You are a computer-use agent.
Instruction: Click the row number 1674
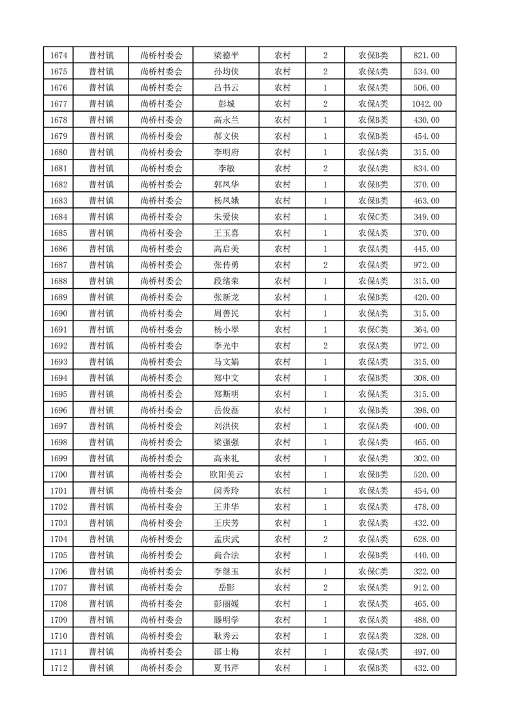pyautogui.click(x=58, y=56)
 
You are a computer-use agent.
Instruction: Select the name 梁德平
pyautogui.click(x=226, y=56)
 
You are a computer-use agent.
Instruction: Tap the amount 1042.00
pyautogui.click(x=426, y=104)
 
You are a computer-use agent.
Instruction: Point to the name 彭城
pyautogui.click(x=226, y=104)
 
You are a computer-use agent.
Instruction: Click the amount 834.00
pyautogui.click(x=426, y=169)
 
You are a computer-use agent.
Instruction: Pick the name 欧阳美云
pyautogui.click(x=226, y=475)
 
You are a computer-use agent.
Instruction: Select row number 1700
pyautogui.click(x=58, y=475)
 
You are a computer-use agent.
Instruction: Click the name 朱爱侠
pyautogui.click(x=226, y=217)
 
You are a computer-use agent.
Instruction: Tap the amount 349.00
pyautogui.click(x=426, y=217)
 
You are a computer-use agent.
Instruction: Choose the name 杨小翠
pyautogui.click(x=226, y=330)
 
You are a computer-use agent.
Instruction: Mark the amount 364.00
pyautogui.click(x=426, y=330)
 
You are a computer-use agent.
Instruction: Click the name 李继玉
pyautogui.click(x=226, y=571)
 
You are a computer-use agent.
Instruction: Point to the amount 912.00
pyautogui.click(x=426, y=587)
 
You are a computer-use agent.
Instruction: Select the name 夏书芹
pyautogui.click(x=226, y=668)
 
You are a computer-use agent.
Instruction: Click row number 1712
pyautogui.click(x=58, y=668)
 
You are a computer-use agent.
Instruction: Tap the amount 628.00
pyautogui.click(x=426, y=540)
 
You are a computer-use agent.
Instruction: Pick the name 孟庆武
pyautogui.click(x=226, y=540)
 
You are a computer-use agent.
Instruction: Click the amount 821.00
pyautogui.click(x=426, y=56)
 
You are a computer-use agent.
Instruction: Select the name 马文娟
pyautogui.click(x=226, y=362)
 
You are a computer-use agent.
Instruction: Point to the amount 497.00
pyautogui.click(x=426, y=652)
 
